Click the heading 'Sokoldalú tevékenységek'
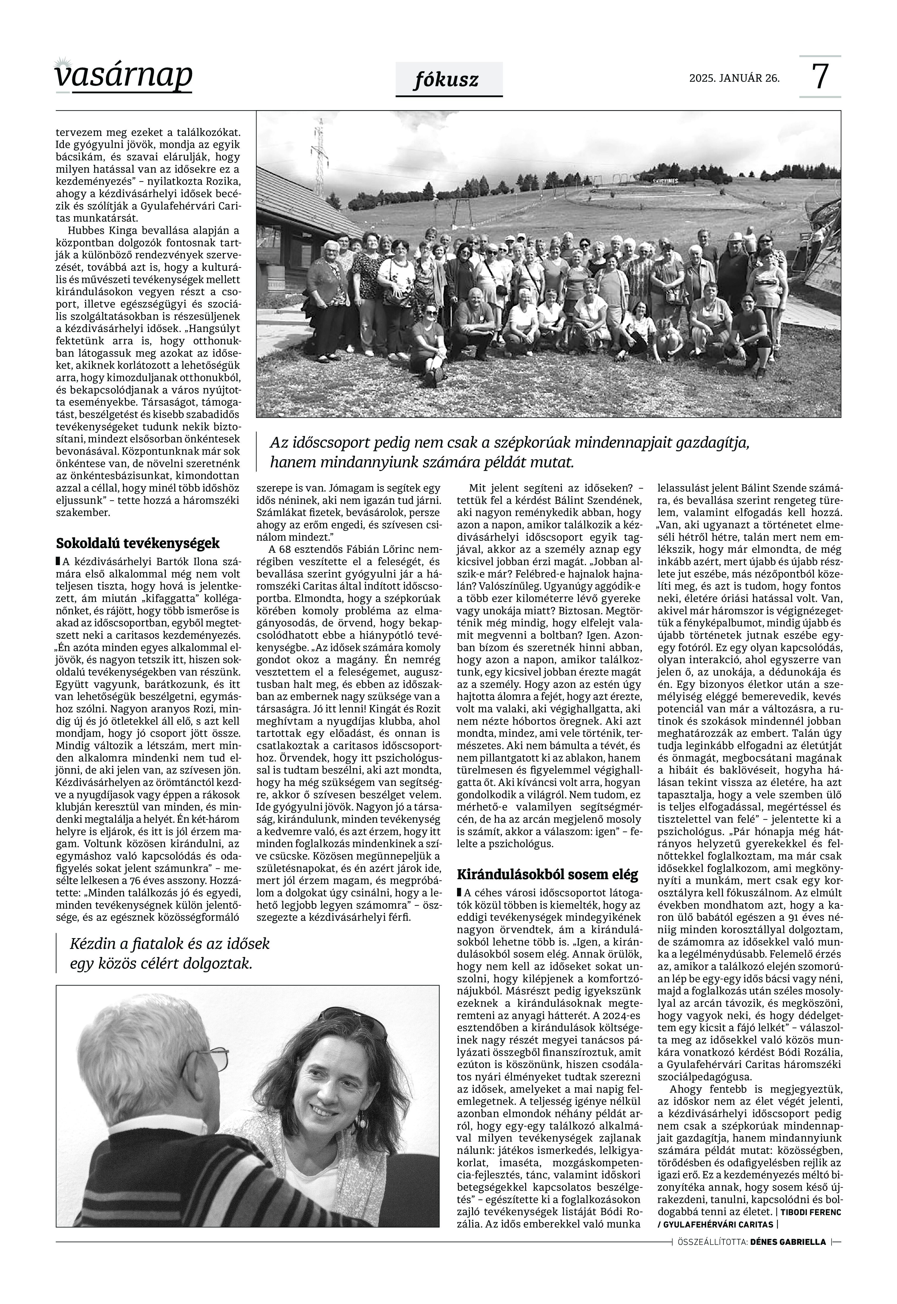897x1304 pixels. point(138,544)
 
